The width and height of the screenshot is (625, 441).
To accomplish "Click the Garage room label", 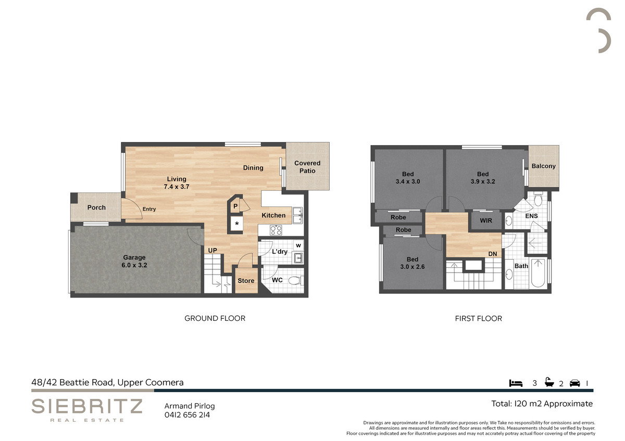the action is [134, 257].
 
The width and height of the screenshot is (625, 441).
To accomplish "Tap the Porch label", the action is [96, 207].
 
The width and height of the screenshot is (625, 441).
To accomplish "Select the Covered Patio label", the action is [307, 167].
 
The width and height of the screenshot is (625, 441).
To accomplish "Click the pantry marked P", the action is [235, 206].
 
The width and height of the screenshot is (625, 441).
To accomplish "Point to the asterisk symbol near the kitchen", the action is [237, 224].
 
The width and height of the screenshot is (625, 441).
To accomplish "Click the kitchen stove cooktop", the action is [276, 230].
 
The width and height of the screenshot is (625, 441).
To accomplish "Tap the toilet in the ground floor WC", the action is [295, 280].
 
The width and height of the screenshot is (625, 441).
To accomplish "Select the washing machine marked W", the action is [298, 245].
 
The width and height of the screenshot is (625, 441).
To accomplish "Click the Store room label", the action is [246, 280].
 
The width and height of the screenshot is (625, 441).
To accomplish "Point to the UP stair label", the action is [213, 251].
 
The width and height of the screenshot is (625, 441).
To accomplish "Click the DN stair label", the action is [493, 254].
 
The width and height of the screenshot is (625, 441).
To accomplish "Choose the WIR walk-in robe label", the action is [486, 220].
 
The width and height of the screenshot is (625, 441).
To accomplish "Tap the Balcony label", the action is [544, 166].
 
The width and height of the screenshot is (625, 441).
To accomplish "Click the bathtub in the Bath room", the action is [538, 273].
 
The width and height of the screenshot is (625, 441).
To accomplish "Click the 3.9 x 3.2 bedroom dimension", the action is [483, 181].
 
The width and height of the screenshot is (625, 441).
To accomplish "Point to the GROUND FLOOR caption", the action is [215, 318].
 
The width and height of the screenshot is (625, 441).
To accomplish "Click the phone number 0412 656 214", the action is [187, 415].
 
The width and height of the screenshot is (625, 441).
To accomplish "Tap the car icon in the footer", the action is [575, 383].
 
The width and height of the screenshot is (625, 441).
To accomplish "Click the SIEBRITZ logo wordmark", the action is [87, 406].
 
